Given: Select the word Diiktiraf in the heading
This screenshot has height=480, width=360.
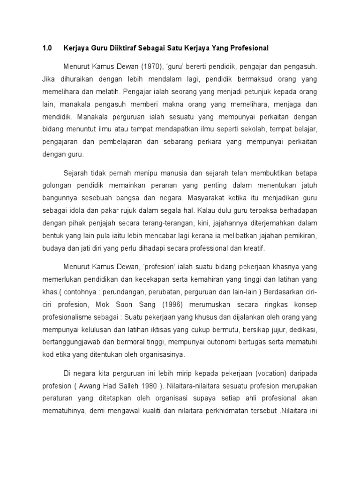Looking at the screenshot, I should (122, 48).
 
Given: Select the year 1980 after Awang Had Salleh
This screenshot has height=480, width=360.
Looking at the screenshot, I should (145, 386).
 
